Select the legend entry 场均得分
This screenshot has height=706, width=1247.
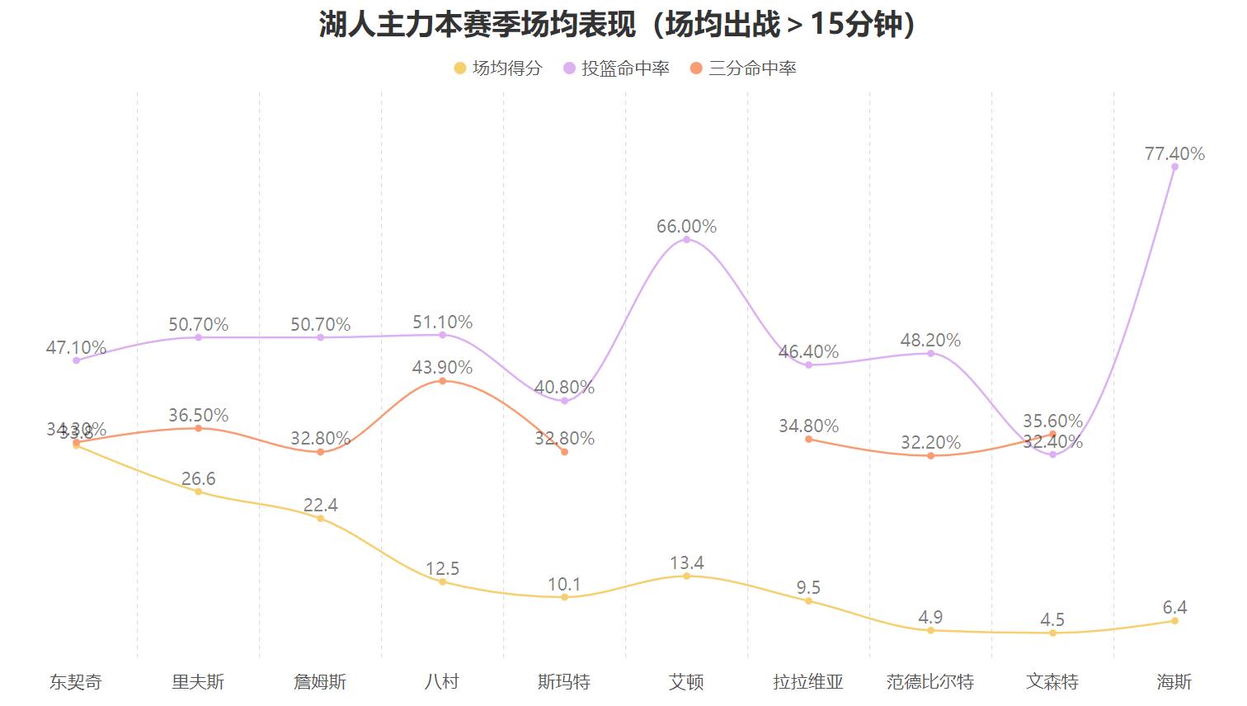click(498, 68)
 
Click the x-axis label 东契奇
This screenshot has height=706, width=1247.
click(76, 682)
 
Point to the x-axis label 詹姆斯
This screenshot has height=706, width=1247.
click(320, 682)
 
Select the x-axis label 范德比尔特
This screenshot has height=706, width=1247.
click(930, 682)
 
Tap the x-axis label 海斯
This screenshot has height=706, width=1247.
click(1174, 682)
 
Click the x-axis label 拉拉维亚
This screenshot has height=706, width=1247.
click(808, 682)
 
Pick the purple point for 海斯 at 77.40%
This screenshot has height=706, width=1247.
click(1174, 167)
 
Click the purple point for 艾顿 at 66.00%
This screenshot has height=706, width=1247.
click(686, 239)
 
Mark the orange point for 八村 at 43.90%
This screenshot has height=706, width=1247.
click(442, 380)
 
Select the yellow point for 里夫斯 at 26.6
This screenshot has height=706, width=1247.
click(198, 492)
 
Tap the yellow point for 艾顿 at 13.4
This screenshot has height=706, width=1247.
click(686, 576)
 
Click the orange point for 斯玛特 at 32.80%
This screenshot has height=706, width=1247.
click(564, 452)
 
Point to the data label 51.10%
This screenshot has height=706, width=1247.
click(442, 322)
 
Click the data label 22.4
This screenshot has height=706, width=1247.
click(320, 505)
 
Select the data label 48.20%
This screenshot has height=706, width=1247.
click(930, 340)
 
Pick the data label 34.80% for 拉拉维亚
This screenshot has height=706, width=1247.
click(808, 426)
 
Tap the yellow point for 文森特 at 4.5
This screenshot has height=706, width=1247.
click(1052, 633)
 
